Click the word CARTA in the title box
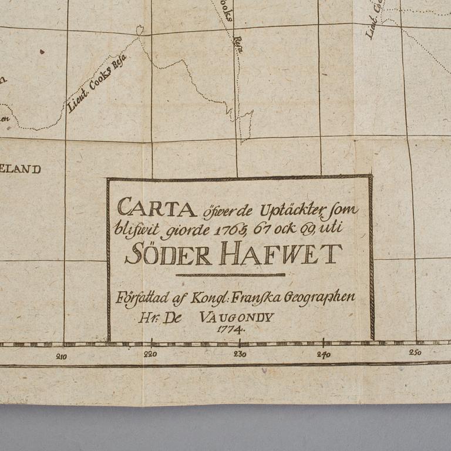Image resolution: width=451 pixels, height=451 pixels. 156,207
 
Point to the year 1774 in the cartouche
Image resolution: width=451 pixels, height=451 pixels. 230,329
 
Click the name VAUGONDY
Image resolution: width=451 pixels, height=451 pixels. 237,317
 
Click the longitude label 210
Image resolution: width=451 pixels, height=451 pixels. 61,356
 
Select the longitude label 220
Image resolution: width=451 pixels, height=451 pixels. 150,354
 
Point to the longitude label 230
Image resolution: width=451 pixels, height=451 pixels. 240,354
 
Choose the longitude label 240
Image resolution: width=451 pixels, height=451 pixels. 324,354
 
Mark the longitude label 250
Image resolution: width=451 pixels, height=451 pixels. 415,352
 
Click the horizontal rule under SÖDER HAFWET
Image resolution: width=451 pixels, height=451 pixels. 230,274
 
